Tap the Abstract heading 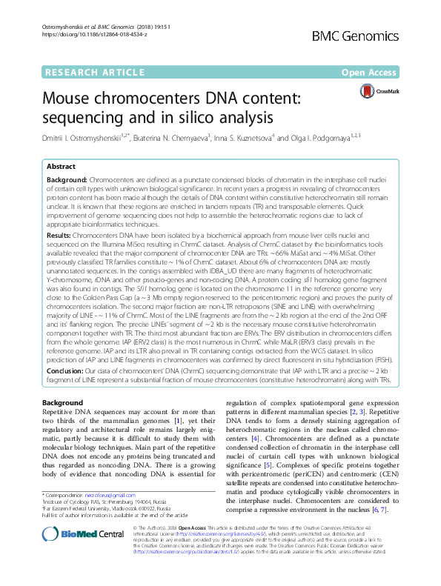click(x=61, y=167)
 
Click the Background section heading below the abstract click(x=62, y=403)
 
